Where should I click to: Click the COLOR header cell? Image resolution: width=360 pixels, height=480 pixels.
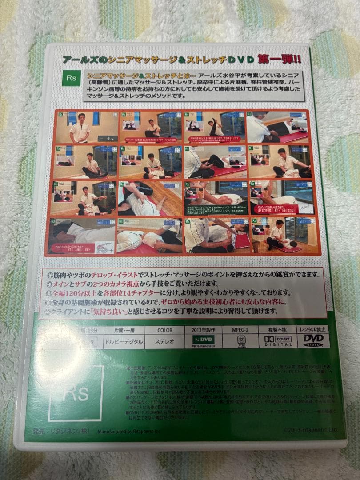(x=164, y=330)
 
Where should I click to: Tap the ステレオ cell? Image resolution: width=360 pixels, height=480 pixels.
(x=164, y=341)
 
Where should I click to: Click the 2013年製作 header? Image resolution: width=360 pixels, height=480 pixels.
(x=203, y=330)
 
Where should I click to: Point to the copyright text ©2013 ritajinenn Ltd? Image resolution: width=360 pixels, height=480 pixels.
(x=310, y=430)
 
